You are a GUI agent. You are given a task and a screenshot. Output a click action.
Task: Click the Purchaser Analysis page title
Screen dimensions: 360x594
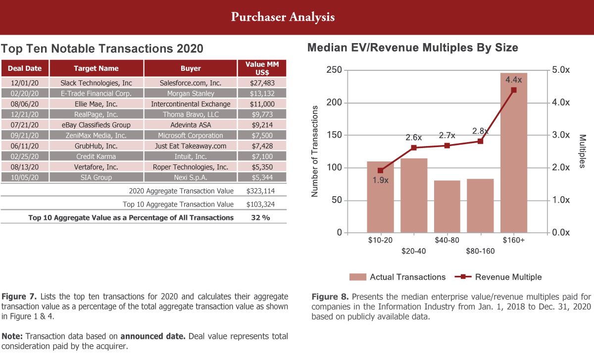pyautogui.click(x=283, y=17)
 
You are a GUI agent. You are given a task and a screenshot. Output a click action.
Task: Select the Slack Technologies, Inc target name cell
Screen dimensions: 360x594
pyautogui.click(x=96, y=83)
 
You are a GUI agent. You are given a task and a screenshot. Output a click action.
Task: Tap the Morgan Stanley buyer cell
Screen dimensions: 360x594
pyautogui.click(x=191, y=93)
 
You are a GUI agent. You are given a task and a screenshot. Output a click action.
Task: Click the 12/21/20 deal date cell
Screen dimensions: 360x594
pyautogui.click(x=25, y=114)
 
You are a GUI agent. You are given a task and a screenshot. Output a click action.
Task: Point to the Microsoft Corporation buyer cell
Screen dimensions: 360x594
pyautogui.click(x=191, y=135)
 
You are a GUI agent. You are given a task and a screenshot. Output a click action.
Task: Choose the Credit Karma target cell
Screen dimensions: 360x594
pyautogui.click(x=96, y=156)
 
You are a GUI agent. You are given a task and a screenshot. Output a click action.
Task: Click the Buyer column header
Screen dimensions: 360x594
pyautogui.click(x=191, y=68)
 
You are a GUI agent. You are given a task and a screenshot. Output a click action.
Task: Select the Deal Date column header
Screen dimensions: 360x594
pyautogui.click(x=25, y=68)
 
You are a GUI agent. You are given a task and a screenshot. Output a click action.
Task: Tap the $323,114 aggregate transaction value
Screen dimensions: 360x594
pyautogui.click(x=260, y=191)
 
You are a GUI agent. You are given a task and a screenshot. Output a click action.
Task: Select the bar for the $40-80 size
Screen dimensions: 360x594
pyautogui.click(x=447, y=206)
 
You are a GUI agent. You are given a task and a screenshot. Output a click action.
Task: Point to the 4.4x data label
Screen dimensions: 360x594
pyautogui.click(x=514, y=79)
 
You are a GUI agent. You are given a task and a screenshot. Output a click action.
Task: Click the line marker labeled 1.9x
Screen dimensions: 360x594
pyautogui.click(x=380, y=170)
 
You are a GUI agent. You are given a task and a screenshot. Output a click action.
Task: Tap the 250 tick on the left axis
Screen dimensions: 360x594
pyautogui.click(x=335, y=70)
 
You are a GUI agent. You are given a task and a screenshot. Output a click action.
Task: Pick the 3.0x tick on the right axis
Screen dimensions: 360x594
pyautogui.click(x=561, y=135)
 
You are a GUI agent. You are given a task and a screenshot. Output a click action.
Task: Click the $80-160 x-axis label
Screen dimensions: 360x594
pyautogui.click(x=480, y=251)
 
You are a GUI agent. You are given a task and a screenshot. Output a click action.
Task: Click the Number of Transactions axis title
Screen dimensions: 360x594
pyautogui.click(x=314, y=151)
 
